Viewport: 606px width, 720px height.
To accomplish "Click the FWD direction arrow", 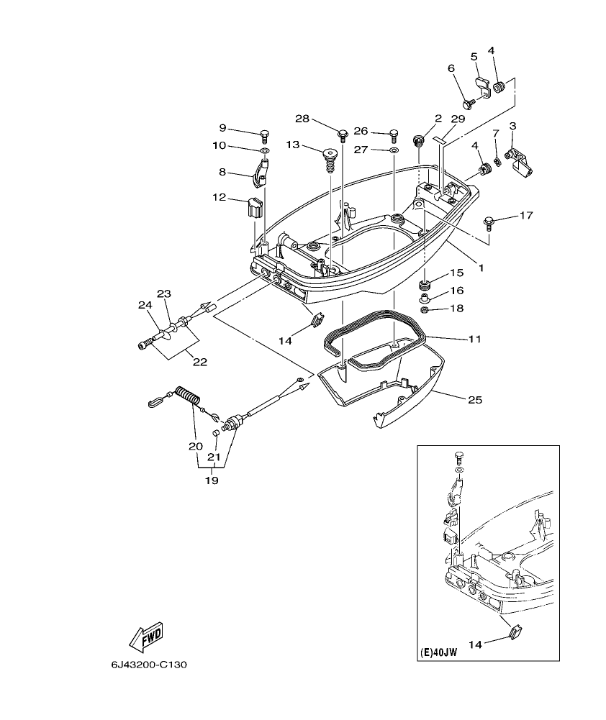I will tap(146, 635).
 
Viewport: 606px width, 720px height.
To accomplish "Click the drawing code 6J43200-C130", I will tap(149, 665).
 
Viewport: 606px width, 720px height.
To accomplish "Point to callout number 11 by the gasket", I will tap(473, 338).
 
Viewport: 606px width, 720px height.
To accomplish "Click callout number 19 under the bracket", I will tap(211, 480).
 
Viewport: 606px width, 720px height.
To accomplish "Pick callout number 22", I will tap(199, 362).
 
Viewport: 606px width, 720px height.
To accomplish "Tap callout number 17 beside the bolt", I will tap(526, 215).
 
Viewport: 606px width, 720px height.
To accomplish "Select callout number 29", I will tap(458, 118).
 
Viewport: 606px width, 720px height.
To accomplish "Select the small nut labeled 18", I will tap(425, 309).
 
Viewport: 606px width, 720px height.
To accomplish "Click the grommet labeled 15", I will tap(425, 280).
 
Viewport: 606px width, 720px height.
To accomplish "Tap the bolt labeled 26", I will tap(394, 133).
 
